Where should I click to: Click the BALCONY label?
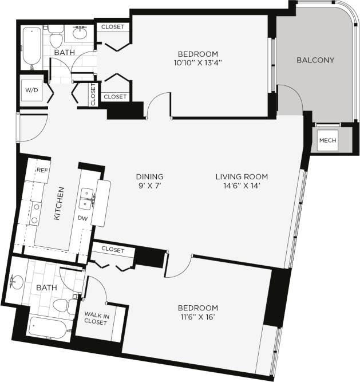tap(315, 60)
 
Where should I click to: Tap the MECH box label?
tap(327, 140)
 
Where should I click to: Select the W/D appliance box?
tap(30, 89)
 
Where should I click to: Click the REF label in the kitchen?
tap(42, 171)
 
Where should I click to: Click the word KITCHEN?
tap(58, 204)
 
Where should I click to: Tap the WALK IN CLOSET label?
tap(96, 318)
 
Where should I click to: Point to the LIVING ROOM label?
tap(242, 176)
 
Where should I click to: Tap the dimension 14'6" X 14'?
tap(242, 186)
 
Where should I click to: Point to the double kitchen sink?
tap(87, 198)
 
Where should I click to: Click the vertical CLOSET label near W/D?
tap(93, 94)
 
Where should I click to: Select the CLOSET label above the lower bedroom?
tap(112, 250)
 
